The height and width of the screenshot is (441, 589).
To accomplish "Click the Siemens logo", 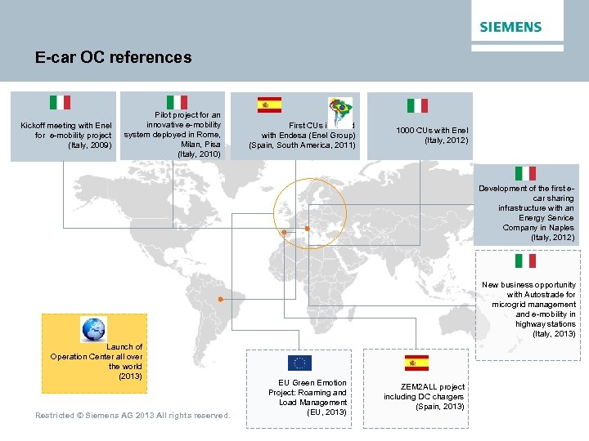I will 510,27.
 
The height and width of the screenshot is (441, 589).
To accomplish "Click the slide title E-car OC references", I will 113,58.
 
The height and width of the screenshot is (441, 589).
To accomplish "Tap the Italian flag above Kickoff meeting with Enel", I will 60,102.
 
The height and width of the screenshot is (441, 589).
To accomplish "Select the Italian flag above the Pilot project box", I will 177,102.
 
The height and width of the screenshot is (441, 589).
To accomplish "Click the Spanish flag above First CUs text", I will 269,105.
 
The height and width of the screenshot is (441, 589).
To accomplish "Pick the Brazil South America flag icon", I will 339,108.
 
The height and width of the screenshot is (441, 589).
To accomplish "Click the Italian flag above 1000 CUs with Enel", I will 417,105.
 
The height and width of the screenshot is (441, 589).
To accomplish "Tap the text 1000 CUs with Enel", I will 432,131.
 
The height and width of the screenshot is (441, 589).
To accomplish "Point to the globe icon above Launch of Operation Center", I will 93,329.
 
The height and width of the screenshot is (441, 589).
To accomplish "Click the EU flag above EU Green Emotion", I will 299,363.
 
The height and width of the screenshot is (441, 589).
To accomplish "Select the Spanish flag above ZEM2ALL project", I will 416,363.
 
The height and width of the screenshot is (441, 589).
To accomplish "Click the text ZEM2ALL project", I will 433,387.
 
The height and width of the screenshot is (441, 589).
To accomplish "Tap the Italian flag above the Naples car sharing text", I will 525,173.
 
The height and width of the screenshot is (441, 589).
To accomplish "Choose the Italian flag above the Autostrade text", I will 525,261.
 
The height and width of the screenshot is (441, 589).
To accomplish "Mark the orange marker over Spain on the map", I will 284,233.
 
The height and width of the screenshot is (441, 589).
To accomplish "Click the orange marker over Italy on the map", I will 308,228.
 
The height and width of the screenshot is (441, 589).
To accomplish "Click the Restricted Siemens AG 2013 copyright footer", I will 133,416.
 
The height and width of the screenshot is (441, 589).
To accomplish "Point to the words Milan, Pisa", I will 200,144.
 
